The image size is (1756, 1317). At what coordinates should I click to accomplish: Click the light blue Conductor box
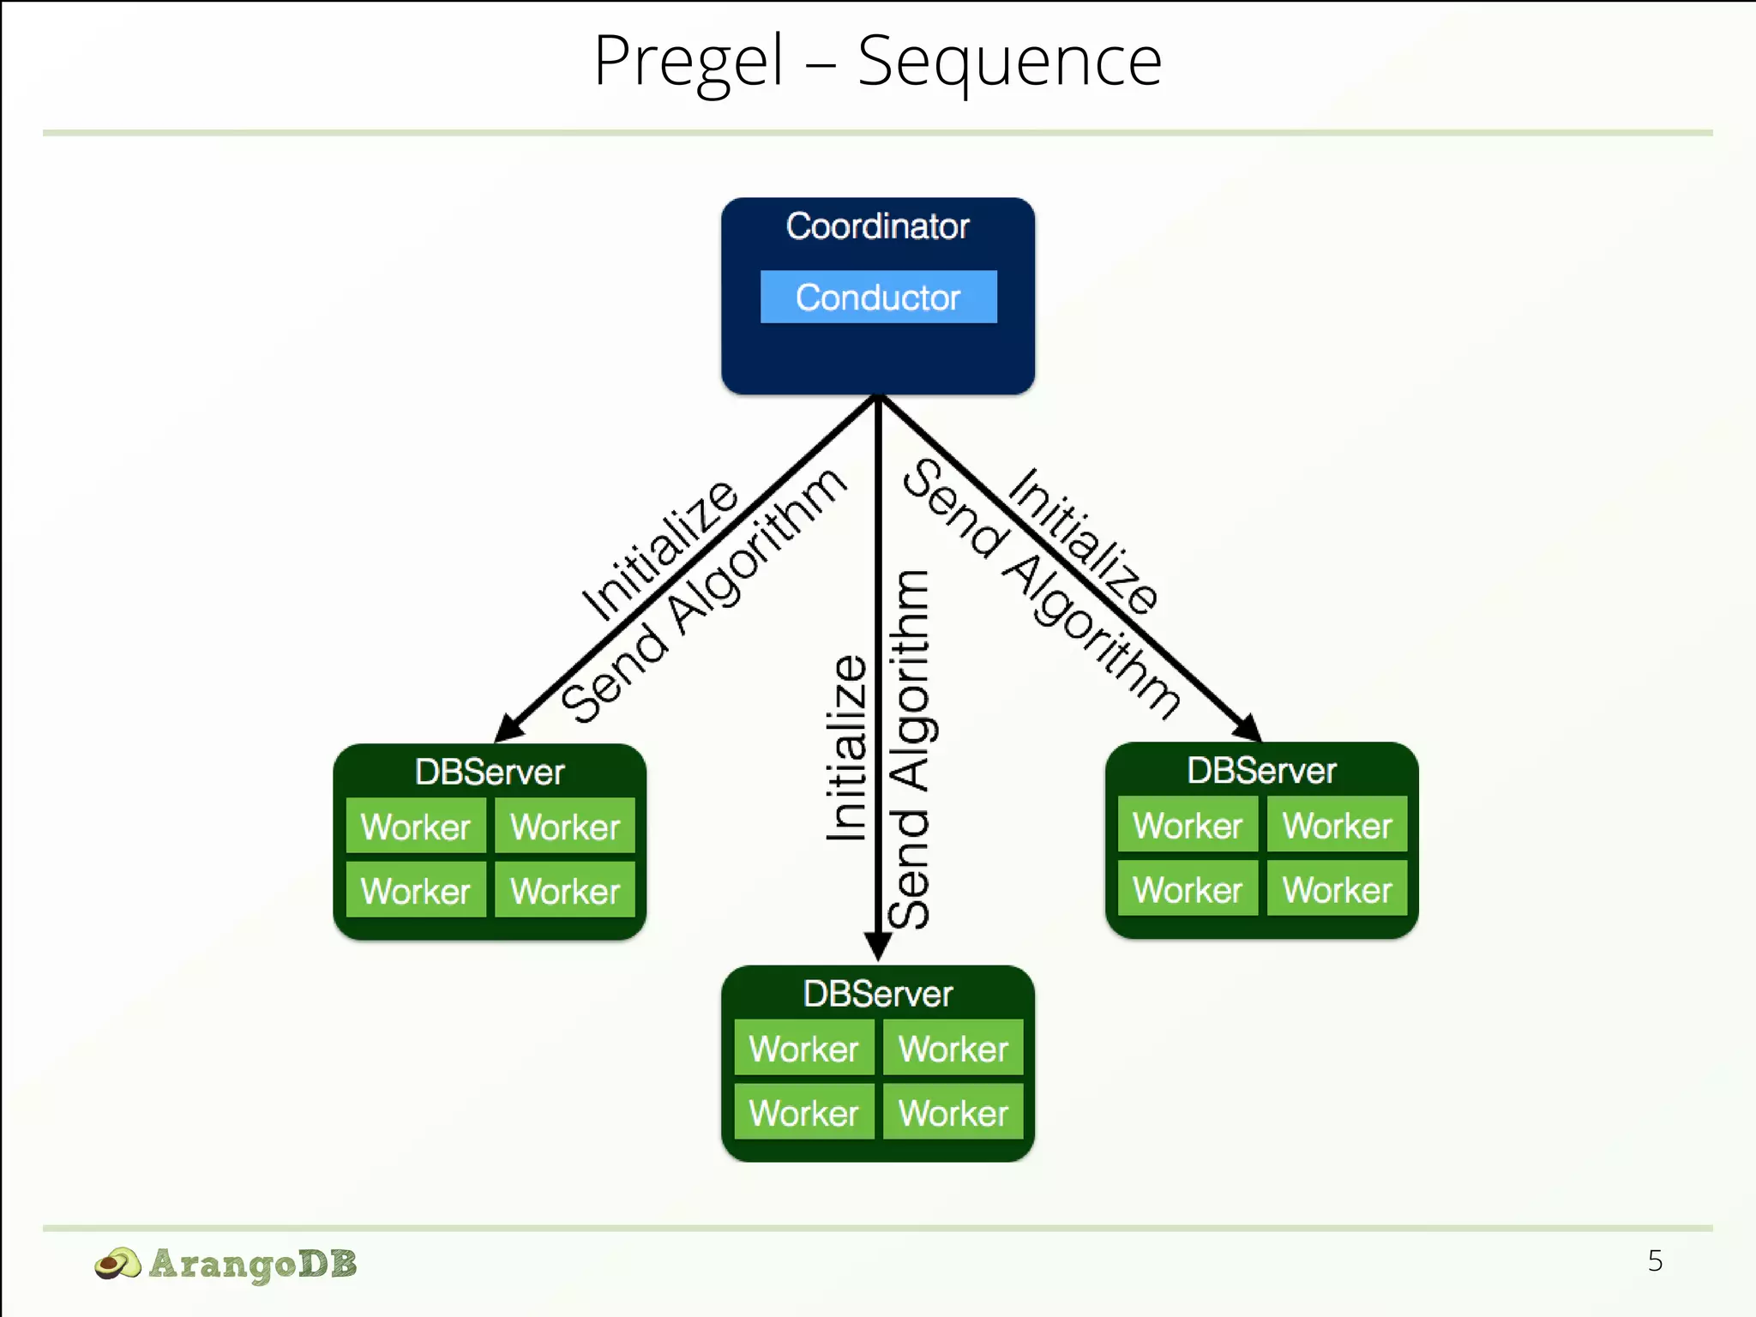[878, 297]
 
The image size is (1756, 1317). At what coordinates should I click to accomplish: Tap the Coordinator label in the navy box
[877, 226]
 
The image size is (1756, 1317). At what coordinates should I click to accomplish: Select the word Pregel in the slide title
[689, 62]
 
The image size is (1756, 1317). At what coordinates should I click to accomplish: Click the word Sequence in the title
[1009, 62]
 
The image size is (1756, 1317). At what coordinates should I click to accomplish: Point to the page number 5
[1655, 1260]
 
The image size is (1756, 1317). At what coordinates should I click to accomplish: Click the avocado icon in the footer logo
[117, 1264]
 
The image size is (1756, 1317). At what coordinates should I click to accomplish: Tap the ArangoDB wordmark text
[253, 1264]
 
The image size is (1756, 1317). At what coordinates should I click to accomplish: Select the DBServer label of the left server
[489, 772]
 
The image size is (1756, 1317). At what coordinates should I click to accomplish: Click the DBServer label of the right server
[1261, 770]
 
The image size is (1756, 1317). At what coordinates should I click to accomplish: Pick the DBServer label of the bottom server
[877, 994]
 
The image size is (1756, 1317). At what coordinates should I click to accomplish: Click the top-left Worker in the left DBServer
[416, 827]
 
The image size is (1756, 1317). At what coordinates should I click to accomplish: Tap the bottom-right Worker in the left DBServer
[565, 891]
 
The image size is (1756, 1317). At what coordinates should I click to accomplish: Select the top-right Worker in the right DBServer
[1337, 825]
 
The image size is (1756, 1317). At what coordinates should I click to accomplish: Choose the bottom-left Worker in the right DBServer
[1188, 889]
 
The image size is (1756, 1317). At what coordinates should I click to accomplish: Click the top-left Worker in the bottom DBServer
[803, 1048]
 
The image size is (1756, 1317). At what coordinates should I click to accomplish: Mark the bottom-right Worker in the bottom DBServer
[953, 1112]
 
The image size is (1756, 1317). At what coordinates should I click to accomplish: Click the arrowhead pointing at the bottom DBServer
[877, 947]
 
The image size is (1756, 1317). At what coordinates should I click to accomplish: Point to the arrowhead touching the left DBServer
[508, 728]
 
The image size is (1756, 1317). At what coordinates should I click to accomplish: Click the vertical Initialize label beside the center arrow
[846, 748]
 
